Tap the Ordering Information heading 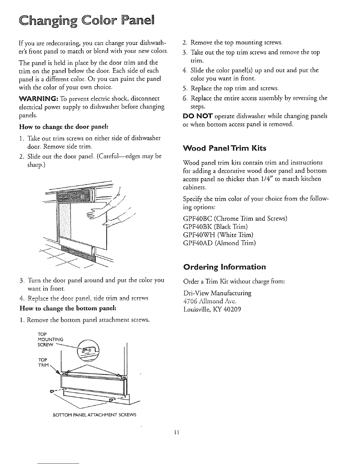tap(224, 267)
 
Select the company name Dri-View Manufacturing tap(217, 293)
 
